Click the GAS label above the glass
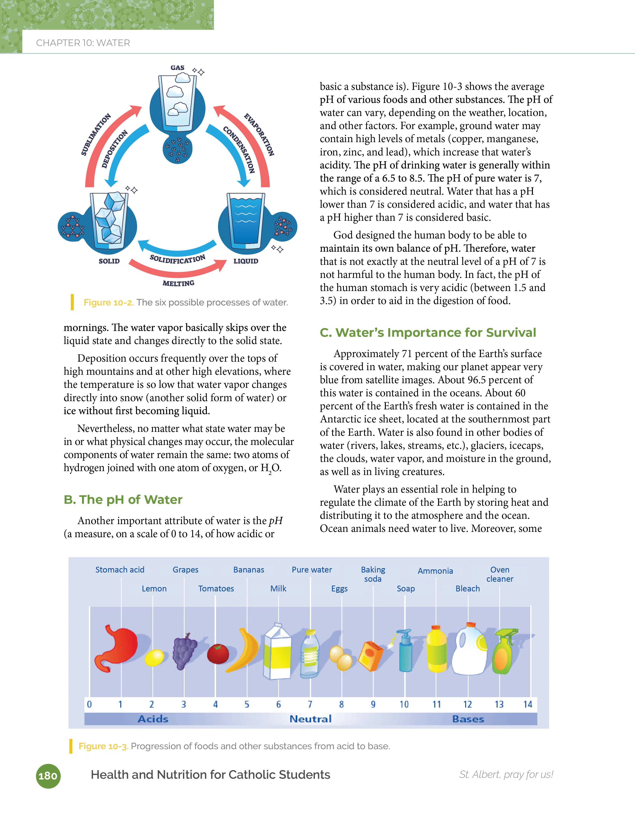[178, 68]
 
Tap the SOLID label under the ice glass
[109, 261]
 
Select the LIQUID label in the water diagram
[246, 261]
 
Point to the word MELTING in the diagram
[179, 283]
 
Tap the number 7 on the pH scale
[310, 704]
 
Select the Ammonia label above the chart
[435, 571]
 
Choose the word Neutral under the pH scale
[311, 719]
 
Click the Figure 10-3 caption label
[103, 746]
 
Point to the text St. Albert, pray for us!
[506, 774]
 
